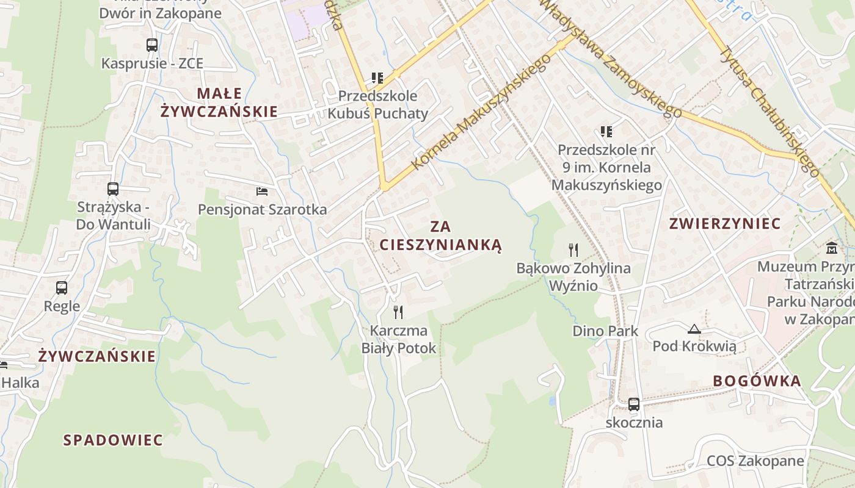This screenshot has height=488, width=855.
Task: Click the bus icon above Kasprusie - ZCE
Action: [x=152, y=45]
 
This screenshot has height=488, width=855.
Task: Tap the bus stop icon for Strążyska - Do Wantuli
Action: [x=113, y=188]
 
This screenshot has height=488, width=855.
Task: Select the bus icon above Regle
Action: [x=62, y=287]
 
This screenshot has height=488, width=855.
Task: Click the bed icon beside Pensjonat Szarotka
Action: [x=262, y=192]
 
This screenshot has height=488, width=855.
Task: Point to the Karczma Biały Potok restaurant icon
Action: [x=398, y=312]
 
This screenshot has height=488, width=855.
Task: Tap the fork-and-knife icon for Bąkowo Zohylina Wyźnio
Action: [x=573, y=249]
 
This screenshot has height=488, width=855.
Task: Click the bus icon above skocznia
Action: [x=634, y=404]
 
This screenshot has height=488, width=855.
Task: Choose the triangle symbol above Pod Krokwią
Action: [x=694, y=329]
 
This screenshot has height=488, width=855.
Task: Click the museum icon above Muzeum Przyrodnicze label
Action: [x=832, y=248]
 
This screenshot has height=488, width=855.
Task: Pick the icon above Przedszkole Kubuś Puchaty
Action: [x=377, y=77]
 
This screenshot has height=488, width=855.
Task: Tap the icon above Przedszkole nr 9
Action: [x=606, y=131]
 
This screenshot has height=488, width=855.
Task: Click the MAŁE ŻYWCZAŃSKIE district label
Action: [x=219, y=102]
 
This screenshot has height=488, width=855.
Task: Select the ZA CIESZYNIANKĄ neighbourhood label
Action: [x=440, y=236]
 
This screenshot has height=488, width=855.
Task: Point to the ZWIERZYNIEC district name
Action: [x=725, y=223]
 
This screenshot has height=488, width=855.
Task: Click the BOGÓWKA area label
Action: [x=757, y=381]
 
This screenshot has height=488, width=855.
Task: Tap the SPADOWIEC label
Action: [x=113, y=440]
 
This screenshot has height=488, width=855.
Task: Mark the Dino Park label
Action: [x=605, y=331]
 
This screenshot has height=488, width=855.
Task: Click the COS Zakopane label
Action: [x=755, y=461]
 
